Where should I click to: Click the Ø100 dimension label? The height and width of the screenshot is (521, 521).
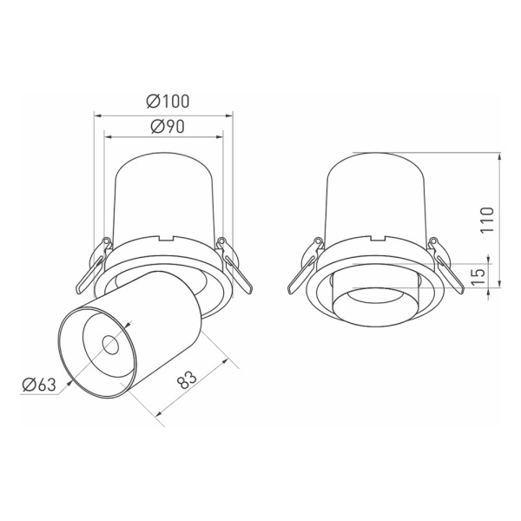pos(164,102)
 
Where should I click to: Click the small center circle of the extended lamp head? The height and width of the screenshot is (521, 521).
pos(110,345)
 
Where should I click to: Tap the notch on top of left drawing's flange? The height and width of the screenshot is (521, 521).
pos(165,238)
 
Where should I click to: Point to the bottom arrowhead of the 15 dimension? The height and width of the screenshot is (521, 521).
pos(498,293)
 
